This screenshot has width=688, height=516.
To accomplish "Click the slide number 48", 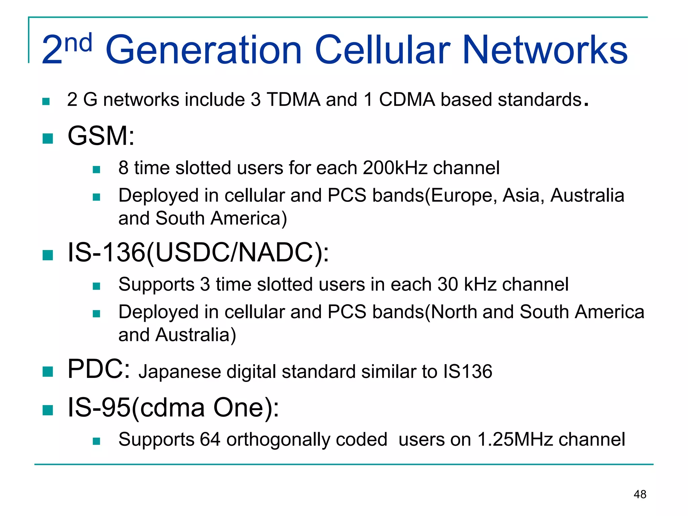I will coord(640,494).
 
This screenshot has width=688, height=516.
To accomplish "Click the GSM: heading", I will coord(101,136).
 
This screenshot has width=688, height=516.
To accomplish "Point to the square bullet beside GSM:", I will coord(48,138).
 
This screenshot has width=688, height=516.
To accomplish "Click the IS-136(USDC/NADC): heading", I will coord(198,253).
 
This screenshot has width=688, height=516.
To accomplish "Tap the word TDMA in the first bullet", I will coord(293,100).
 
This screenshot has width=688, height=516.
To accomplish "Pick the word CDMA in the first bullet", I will coord(407,100).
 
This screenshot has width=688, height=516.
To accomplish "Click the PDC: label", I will coord(99,369).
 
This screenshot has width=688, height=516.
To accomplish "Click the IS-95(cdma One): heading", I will coord(173,408).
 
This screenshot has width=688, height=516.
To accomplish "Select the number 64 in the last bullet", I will coord(210,439).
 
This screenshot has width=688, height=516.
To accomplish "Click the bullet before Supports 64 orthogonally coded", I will coord(96,441).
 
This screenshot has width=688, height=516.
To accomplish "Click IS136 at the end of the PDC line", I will coord(467,372).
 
